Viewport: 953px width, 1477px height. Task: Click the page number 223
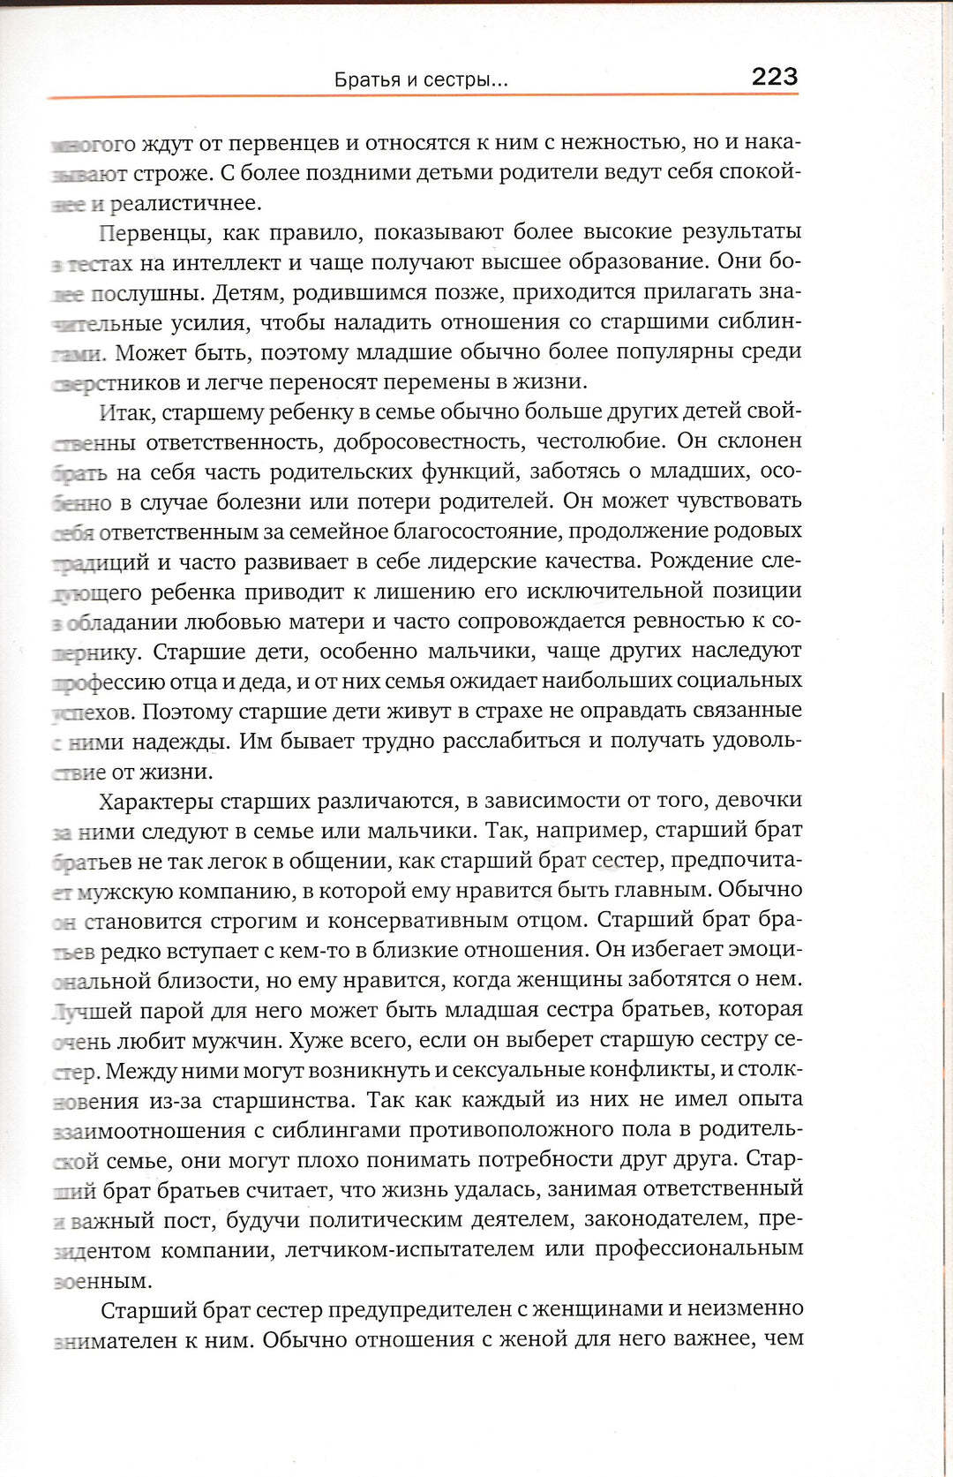[774, 77]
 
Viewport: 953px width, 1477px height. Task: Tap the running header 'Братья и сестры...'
[421, 80]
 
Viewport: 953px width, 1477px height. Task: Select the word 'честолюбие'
[600, 441]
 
